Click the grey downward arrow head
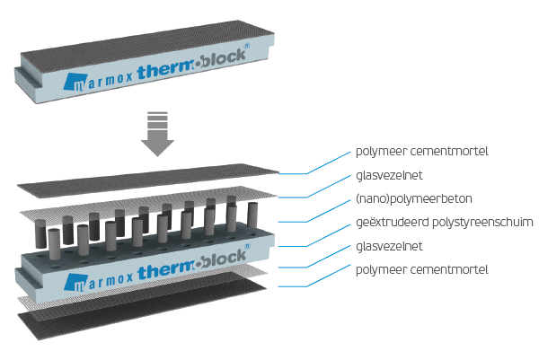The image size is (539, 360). (157, 146)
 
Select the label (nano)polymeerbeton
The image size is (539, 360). (414, 199)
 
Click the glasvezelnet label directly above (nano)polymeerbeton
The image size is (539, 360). (389, 176)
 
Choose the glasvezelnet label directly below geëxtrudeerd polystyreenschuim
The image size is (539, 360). (389, 246)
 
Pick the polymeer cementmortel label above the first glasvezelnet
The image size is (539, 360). (422, 152)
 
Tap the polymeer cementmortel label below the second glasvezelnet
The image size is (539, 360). (422, 270)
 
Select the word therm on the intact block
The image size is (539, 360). (165, 70)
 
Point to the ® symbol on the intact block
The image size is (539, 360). (246, 46)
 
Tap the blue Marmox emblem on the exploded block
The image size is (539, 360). (75, 283)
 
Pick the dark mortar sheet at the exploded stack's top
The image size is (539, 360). (148, 180)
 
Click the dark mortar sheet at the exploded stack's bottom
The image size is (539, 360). (142, 305)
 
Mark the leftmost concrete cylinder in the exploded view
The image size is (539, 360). (40, 233)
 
